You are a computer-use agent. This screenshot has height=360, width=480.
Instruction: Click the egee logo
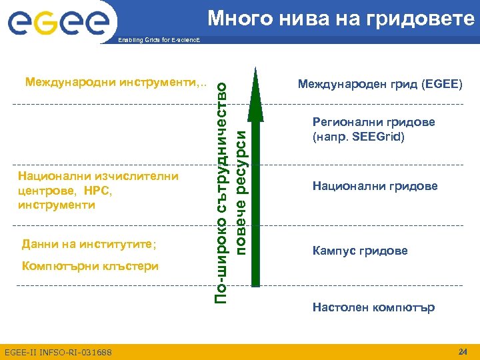tap(59, 22)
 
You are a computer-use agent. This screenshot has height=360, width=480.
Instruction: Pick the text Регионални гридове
tap(374, 122)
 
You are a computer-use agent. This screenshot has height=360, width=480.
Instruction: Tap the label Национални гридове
tap(375, 186)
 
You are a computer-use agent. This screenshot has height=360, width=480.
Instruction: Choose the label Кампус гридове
tap(360, 251)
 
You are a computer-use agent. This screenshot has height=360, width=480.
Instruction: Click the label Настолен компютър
tap(373, 307)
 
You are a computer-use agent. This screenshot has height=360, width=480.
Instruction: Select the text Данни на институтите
tap(89, 244)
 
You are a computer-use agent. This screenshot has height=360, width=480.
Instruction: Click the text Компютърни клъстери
tap(90, 266)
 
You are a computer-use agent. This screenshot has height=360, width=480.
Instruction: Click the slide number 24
tap(463, 351)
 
